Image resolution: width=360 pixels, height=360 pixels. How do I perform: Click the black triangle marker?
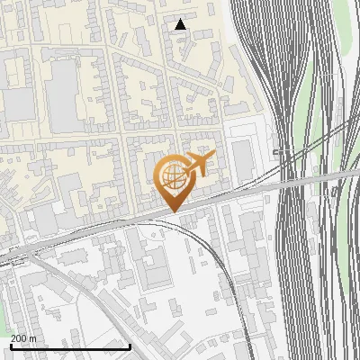tap(181, 24)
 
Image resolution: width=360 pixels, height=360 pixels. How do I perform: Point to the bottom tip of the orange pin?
tap(174, 211)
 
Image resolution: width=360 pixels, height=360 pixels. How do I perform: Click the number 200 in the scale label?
tap(20, 337)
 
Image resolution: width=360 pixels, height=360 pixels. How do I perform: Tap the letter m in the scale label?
tap(33, 337)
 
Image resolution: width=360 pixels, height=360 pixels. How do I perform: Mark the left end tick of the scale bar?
tap(10, 346)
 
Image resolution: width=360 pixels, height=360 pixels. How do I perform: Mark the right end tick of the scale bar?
tap(131, 346)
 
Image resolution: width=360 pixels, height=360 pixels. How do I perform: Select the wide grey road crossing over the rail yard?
tap(306, 178)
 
